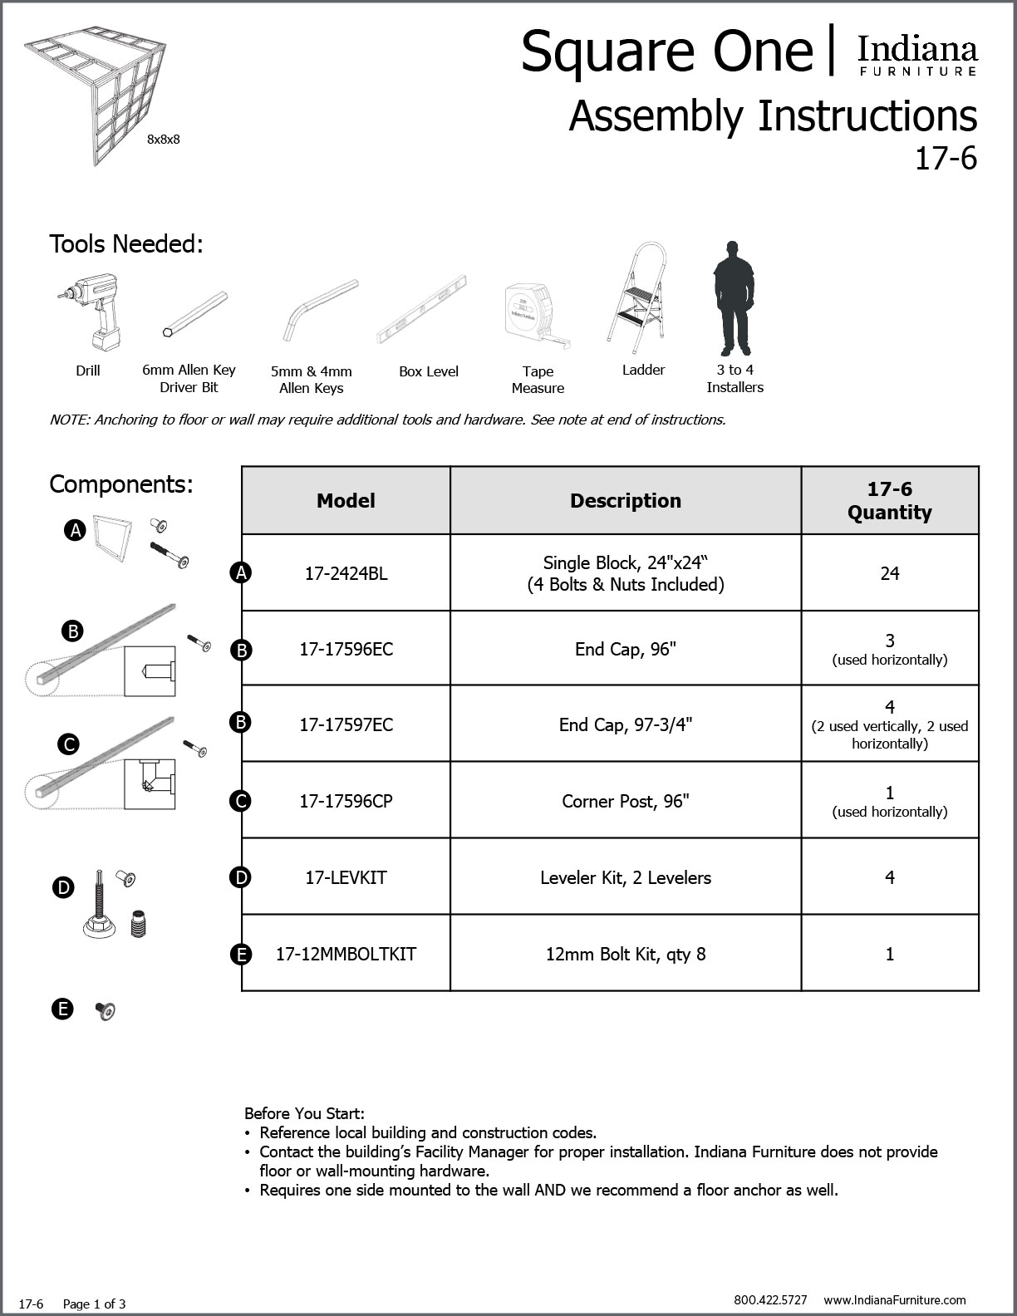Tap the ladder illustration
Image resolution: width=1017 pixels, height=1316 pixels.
[x=636, y=294]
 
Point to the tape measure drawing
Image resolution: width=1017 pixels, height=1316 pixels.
[x=536, y=314]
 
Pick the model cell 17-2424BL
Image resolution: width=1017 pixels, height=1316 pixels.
[x=346, y=573]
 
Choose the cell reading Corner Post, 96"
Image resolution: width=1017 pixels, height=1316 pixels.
[x=625, y=801]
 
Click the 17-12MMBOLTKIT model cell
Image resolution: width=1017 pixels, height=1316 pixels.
[x=346, y=954]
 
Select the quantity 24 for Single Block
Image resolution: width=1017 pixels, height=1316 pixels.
[x=889, y=573]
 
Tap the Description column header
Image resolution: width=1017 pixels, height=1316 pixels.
[x=625, y=501]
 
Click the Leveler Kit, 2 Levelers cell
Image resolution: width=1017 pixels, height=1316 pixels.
[x=625, y=877]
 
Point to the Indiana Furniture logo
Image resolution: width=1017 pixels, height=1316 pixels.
[x=917, y=55]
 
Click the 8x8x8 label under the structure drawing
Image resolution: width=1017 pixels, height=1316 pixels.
[x=163, y=140]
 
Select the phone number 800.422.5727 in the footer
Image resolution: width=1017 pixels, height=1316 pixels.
[x=770, y=1299]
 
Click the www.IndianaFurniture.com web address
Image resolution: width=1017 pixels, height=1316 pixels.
[x=895, y=1299]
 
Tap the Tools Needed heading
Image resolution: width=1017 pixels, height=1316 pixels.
[x=126, y=244]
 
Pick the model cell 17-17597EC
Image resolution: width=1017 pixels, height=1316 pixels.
[x=346, y=724]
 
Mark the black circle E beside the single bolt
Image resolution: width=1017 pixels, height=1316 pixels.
[x=62, y=1009]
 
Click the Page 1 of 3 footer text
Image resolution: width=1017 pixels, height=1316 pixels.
[x=94, y=1304]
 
